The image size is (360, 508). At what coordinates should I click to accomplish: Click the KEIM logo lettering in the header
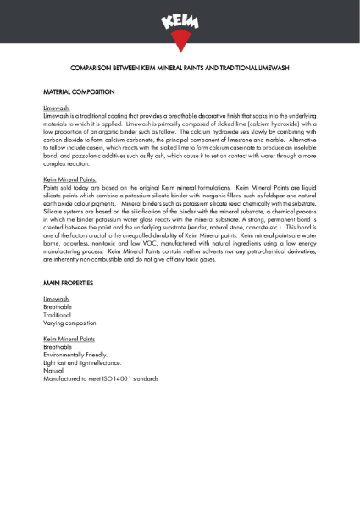click(180, 19)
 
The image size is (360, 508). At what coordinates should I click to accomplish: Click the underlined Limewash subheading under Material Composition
click(57, 109)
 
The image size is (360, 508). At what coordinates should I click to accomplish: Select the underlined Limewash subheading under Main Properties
click(57, 300)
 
